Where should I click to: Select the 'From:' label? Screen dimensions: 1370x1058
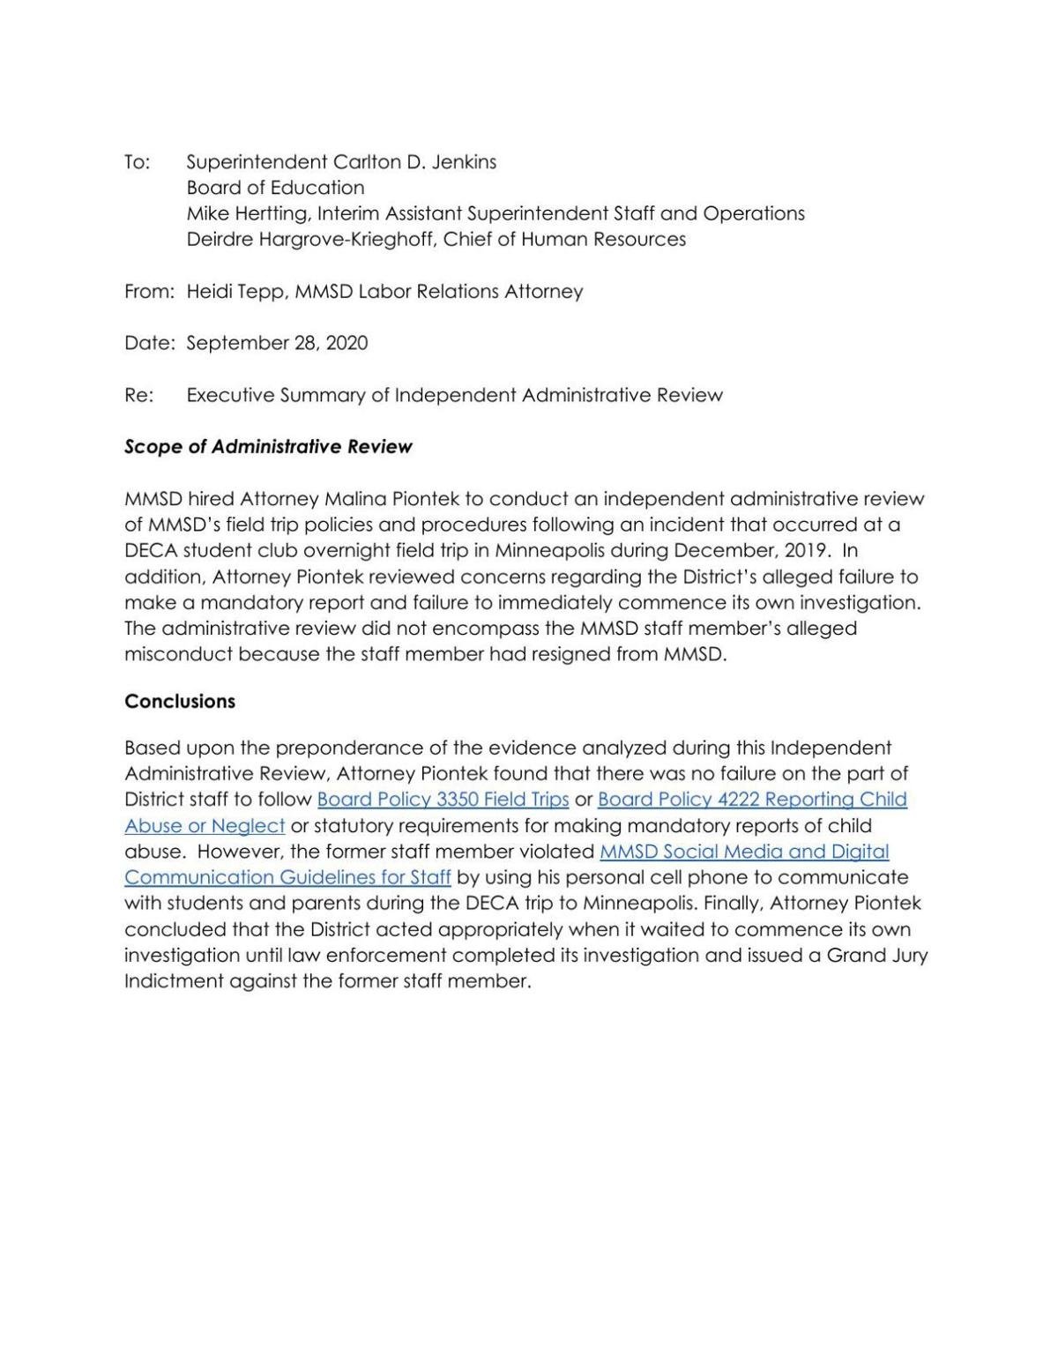149,292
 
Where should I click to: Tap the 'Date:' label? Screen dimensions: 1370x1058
149,343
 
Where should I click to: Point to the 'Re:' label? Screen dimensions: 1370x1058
138,395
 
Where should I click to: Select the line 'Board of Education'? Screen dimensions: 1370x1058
275,188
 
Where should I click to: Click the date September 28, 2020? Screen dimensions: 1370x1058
277,343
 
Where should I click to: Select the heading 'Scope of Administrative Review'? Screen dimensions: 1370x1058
268,447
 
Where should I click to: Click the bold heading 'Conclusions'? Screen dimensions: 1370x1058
180,702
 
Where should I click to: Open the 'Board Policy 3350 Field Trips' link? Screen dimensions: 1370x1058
443,800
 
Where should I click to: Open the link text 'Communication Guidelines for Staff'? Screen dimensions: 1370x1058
287,878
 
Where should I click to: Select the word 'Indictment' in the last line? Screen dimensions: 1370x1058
174,981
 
